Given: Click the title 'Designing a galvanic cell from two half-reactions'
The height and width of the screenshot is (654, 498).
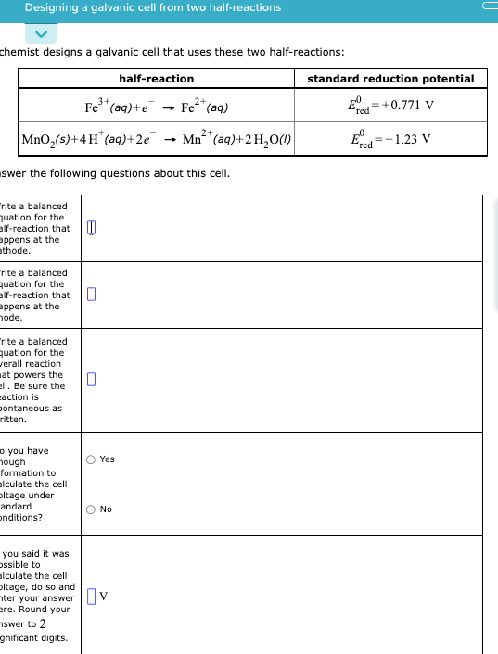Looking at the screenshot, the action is tap(153, 7).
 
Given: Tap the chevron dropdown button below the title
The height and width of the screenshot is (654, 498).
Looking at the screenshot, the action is tap(41, 33).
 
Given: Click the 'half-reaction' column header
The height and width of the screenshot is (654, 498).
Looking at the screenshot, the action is tap(156, 79).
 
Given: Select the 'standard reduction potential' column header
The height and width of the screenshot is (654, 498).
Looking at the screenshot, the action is tap(390, 79).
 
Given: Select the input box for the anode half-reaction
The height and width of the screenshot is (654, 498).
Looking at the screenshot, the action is tap(91, 296).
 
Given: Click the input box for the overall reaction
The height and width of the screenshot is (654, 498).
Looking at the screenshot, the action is tap(91, 379).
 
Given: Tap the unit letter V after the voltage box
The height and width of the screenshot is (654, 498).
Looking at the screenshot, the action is tap(104, 595).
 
